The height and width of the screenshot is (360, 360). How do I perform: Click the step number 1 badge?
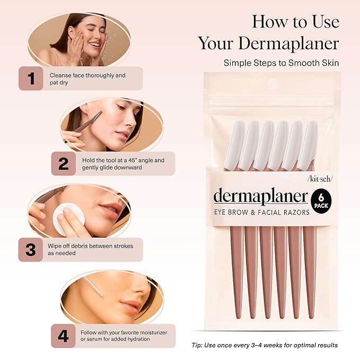click(x=31, y=78)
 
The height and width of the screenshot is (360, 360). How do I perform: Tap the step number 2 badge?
click(x=63, y=164)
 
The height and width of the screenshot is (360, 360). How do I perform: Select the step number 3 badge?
click(x=31, y=249)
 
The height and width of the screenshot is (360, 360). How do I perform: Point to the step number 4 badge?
click(x=63, y=335)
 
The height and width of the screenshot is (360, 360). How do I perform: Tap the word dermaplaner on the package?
click(x=260, y=197)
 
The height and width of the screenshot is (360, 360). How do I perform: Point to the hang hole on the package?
click(x=273, y=83)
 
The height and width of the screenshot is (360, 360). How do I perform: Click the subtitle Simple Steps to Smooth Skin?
click(x=281, y=63)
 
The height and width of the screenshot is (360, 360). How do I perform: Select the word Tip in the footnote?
click(x=197, y=345)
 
